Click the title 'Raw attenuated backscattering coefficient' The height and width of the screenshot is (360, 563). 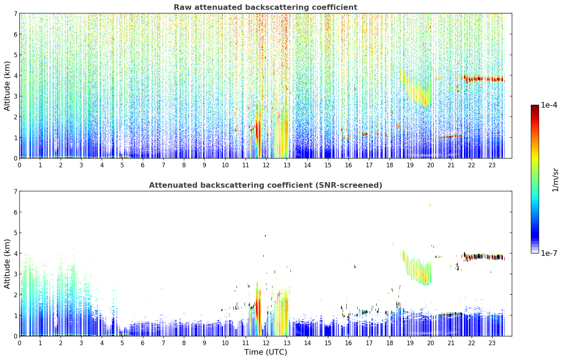(x=265, y=7)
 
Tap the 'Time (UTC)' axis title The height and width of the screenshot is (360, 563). (x=265, y=352)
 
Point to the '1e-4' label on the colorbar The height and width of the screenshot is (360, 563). (x=549, y=105)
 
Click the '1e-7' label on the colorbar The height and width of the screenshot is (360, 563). (x=549, y=253)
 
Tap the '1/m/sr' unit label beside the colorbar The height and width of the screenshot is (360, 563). (x=555, y=180)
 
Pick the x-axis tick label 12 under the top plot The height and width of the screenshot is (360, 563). (x=266, y=165)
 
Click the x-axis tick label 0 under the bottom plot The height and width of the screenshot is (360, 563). (x=20, y=343)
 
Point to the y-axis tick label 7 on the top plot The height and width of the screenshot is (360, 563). (x=16, y=13)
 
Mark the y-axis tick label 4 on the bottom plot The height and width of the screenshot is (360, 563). (x=16, y=253)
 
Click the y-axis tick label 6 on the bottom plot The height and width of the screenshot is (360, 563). (x=16, y=212)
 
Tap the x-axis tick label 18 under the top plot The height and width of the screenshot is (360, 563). (x=389, y=165)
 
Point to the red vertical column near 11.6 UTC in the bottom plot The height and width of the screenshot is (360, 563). (x=258, y=309)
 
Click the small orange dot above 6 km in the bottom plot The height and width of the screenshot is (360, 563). (x=430, y=205)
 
